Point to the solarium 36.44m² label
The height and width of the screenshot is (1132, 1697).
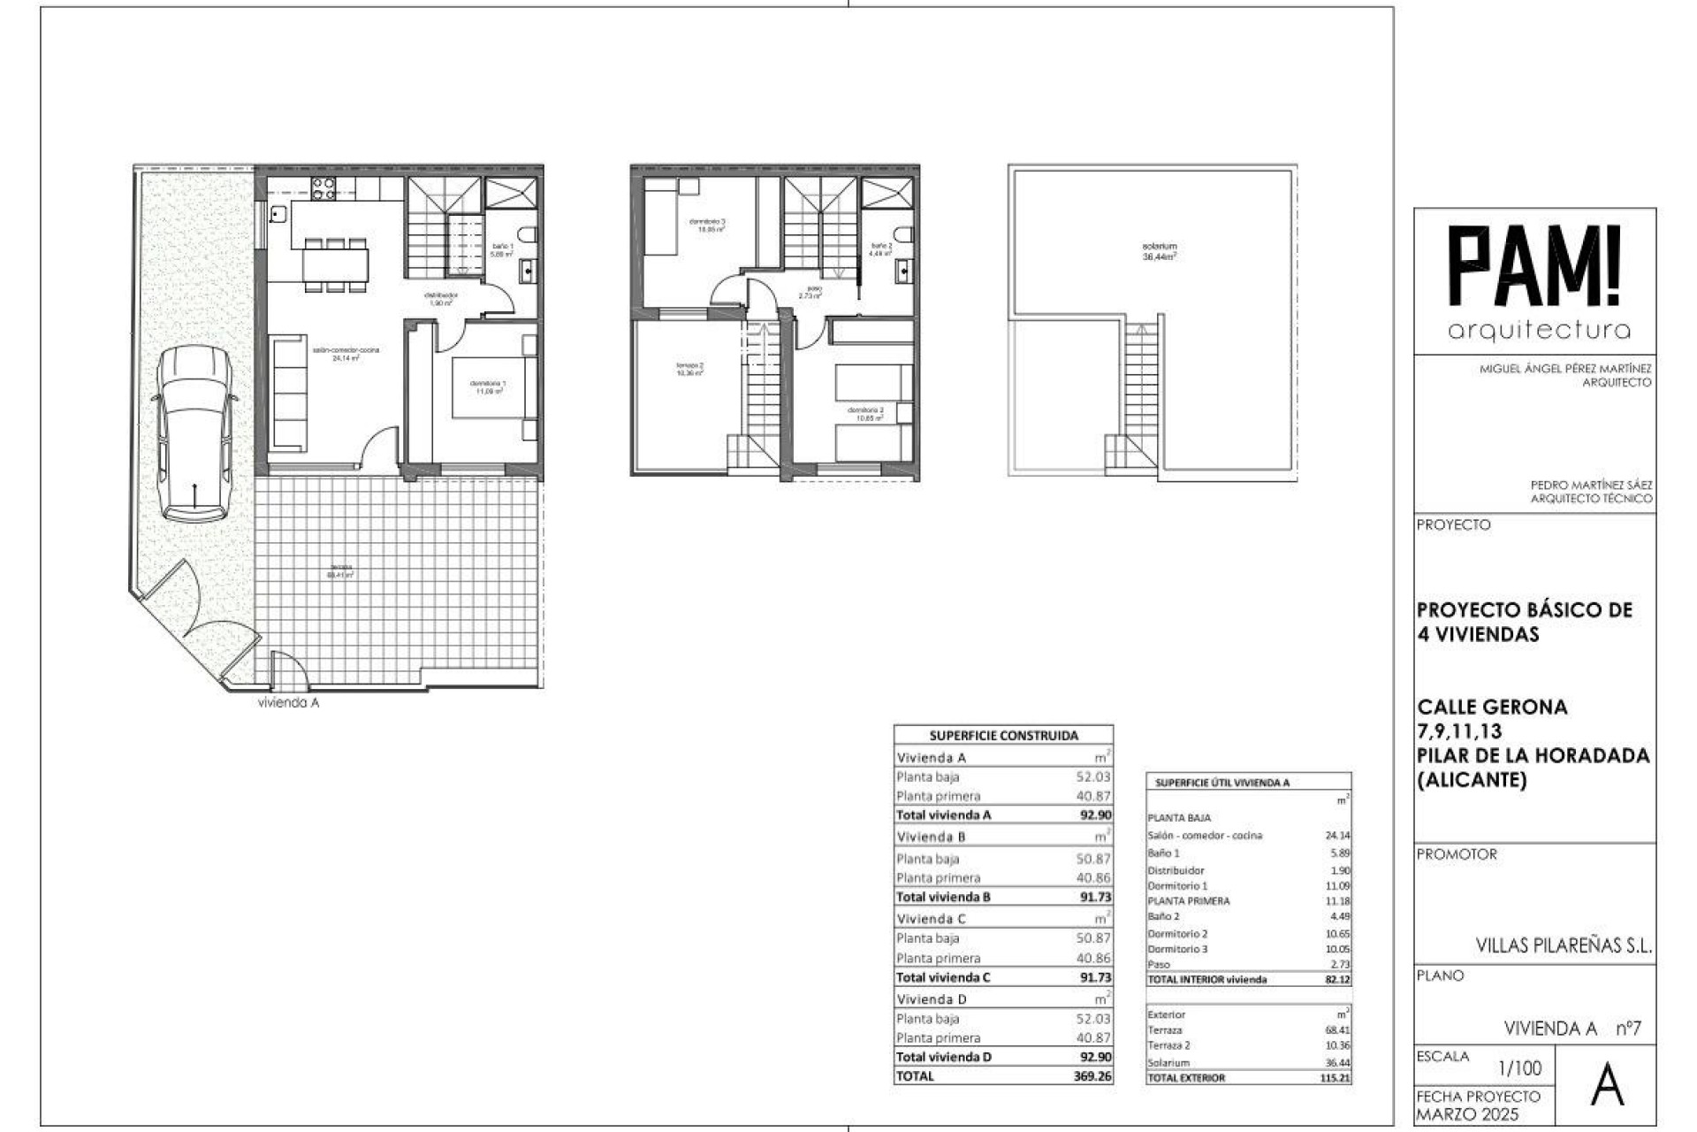pos(1159,251)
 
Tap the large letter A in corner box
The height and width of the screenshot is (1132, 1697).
pos(1607,1088)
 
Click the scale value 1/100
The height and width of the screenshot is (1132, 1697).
pos(1520,1068)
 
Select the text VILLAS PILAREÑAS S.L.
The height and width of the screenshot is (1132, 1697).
pos(1564,945)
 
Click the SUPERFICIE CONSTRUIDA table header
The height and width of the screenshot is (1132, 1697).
pos(1003,735)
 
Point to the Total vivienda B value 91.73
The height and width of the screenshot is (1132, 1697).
pos(1095,897)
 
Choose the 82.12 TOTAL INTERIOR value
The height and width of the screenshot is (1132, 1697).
pos(1336,979)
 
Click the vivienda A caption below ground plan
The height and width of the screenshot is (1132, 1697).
pos(288,703)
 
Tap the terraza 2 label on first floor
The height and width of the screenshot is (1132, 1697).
pos(689,369)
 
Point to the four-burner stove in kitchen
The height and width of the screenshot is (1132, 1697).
pos(323,187)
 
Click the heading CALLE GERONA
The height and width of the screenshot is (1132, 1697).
pos(1492,707)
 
